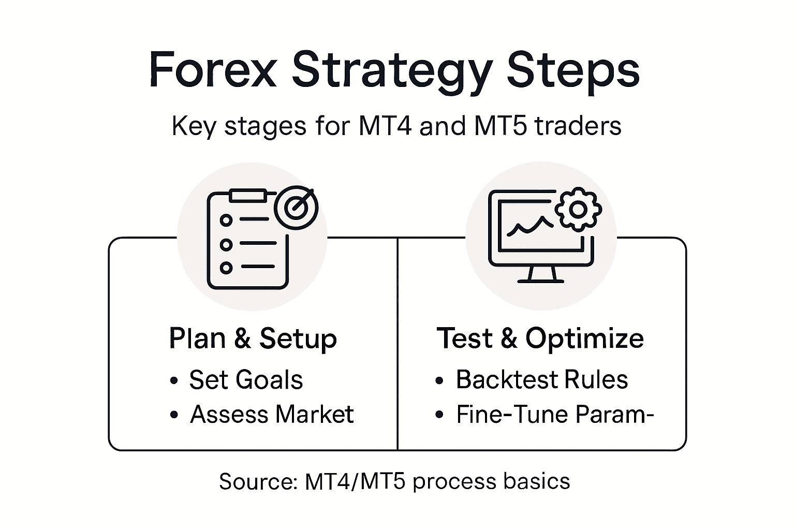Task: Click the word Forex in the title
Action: click(x=213, y=70)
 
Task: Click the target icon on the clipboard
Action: click(x=296, y=208)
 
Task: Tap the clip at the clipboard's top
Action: click(x=248, y=195)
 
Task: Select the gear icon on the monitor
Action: click(x=578, y=209)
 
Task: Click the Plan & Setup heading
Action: click(x=253, y=338)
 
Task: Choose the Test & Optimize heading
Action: click(x=540, y=338)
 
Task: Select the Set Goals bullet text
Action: click(x=246, y=380)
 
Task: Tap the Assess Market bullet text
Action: click(x=272, y=415)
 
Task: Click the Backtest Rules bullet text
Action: click(x=541, y=380)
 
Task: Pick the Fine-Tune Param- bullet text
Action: click(x=555, y=415)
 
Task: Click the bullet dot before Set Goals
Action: click(x=174, y=381)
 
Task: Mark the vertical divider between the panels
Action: click(x=397, y=362)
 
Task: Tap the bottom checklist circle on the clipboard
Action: click(x=226, y=268)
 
